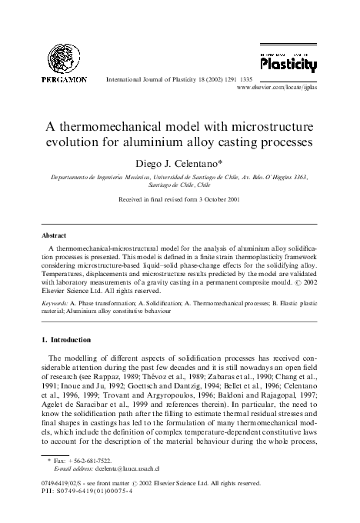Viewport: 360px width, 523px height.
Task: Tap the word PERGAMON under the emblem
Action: coord(52,80)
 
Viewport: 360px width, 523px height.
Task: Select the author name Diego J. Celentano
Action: coord(180,162)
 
